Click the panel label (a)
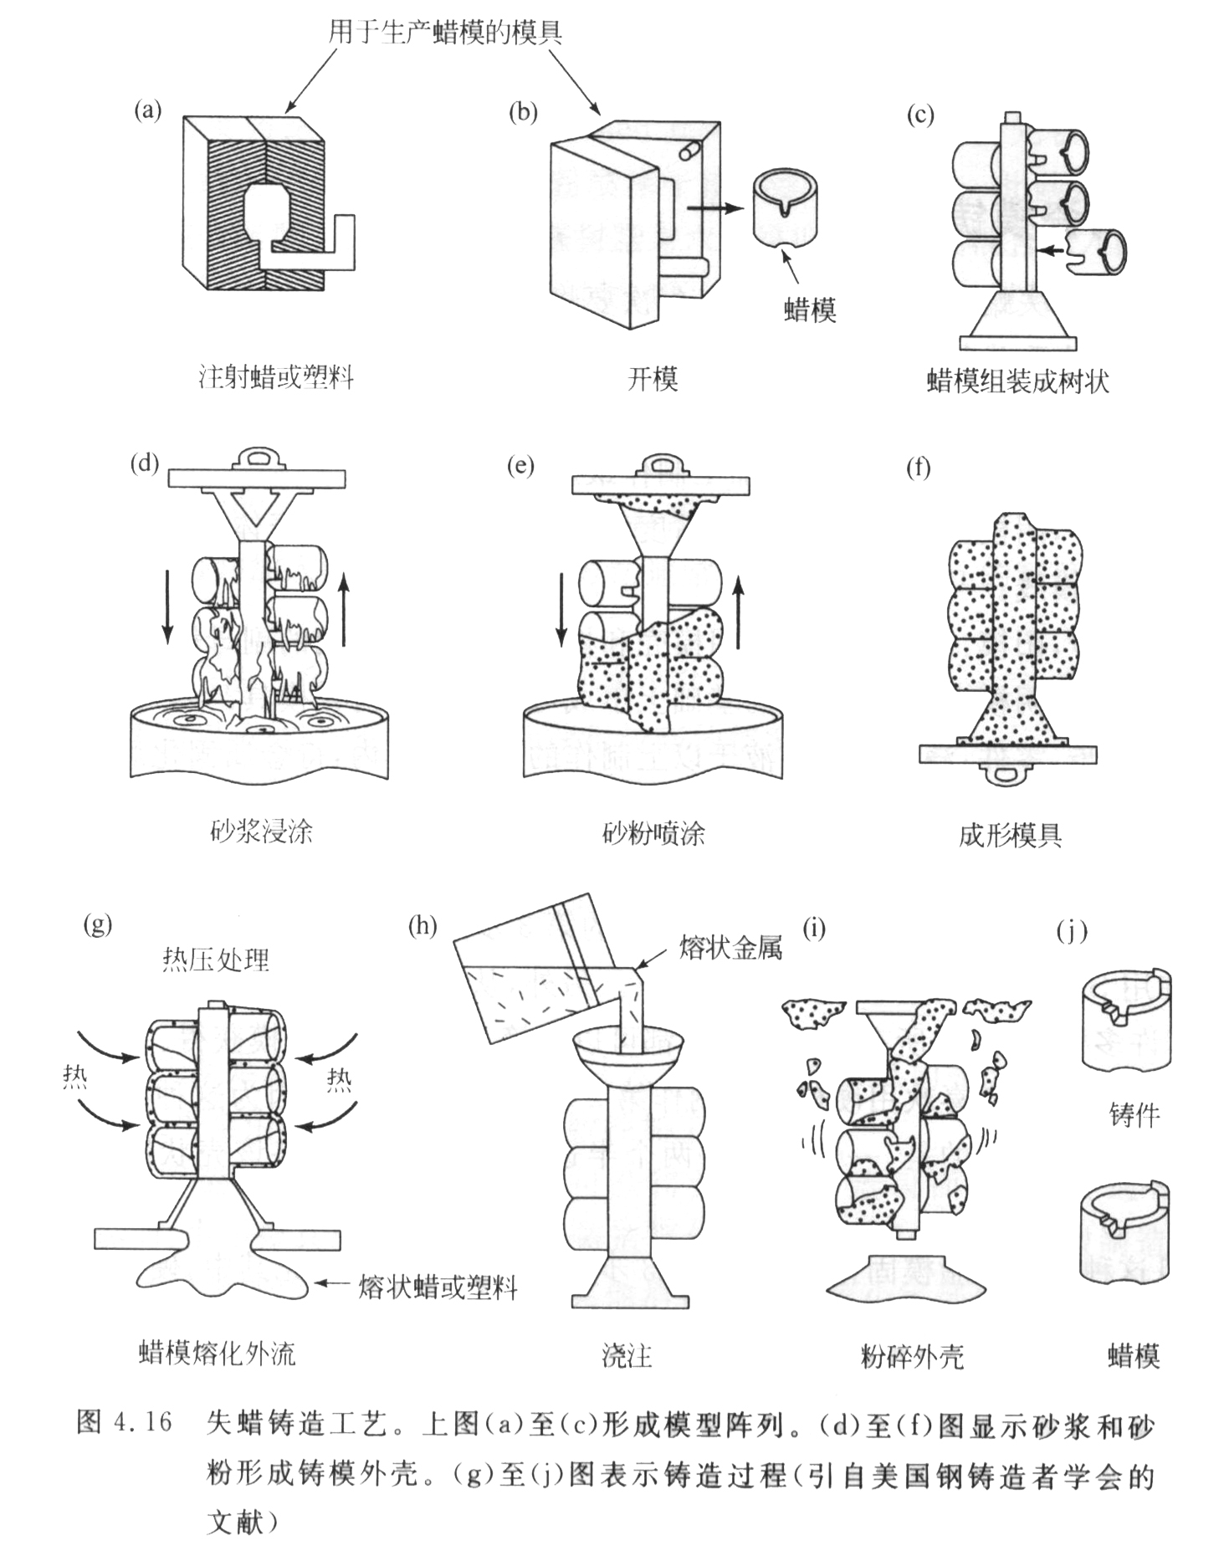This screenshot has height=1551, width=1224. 147,110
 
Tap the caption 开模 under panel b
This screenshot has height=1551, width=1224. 652,379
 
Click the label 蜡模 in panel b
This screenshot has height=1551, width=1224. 810,310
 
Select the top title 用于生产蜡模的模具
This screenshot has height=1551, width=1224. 444,32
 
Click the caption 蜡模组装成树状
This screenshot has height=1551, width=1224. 1017,381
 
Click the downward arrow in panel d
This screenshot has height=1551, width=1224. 166,607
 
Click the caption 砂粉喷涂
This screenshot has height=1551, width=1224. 653,833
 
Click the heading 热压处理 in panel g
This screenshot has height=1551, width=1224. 216,960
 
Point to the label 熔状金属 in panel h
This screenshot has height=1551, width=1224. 730,948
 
